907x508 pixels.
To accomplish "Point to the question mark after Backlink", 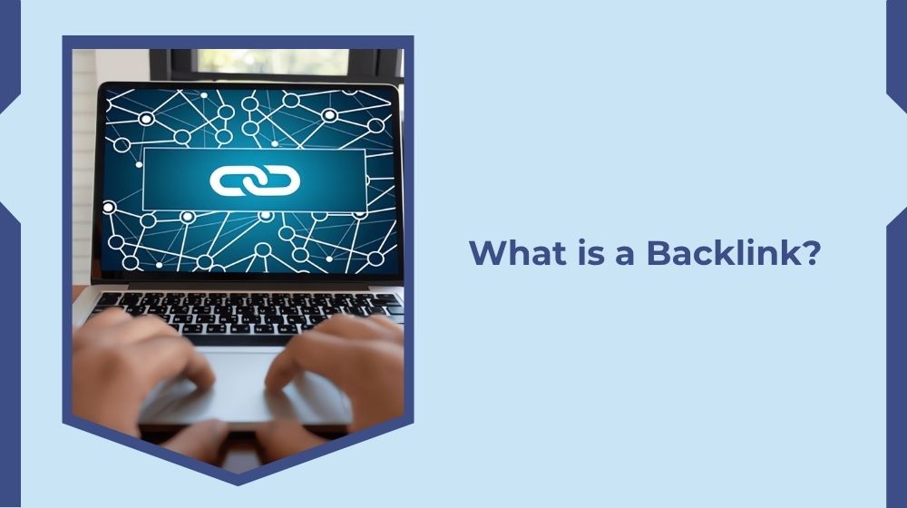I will coord(810,253).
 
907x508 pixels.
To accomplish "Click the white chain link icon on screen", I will coord(255,180).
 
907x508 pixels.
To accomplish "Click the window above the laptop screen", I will coord(272,62).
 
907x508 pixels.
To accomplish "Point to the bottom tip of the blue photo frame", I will coord(238,483).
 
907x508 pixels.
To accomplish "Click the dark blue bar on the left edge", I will coord(9,254).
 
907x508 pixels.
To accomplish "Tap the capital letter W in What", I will coord(487,253).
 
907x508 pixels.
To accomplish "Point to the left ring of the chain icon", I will coord(233,180).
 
